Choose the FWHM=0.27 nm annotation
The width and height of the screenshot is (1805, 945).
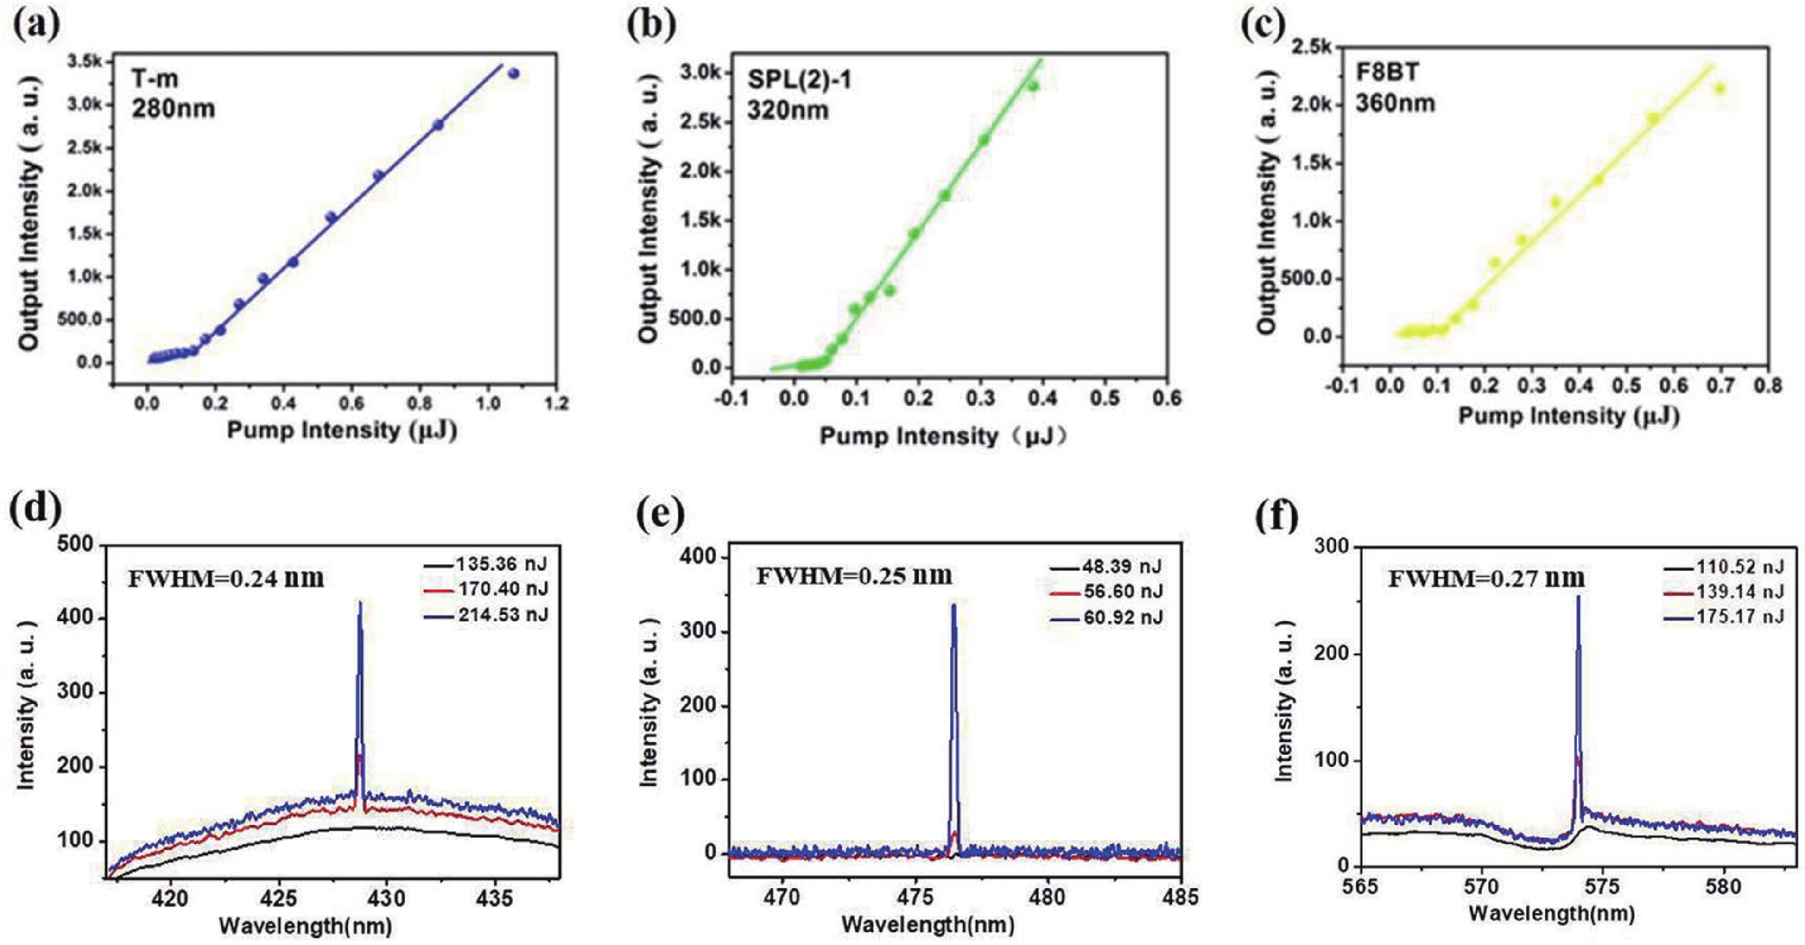tap(1486, 578)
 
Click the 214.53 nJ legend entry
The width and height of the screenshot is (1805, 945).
tap(502, 615)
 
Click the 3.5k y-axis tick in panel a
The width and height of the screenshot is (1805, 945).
tap(85, 62)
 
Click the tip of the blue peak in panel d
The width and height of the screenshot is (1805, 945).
tap(360, 602)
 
